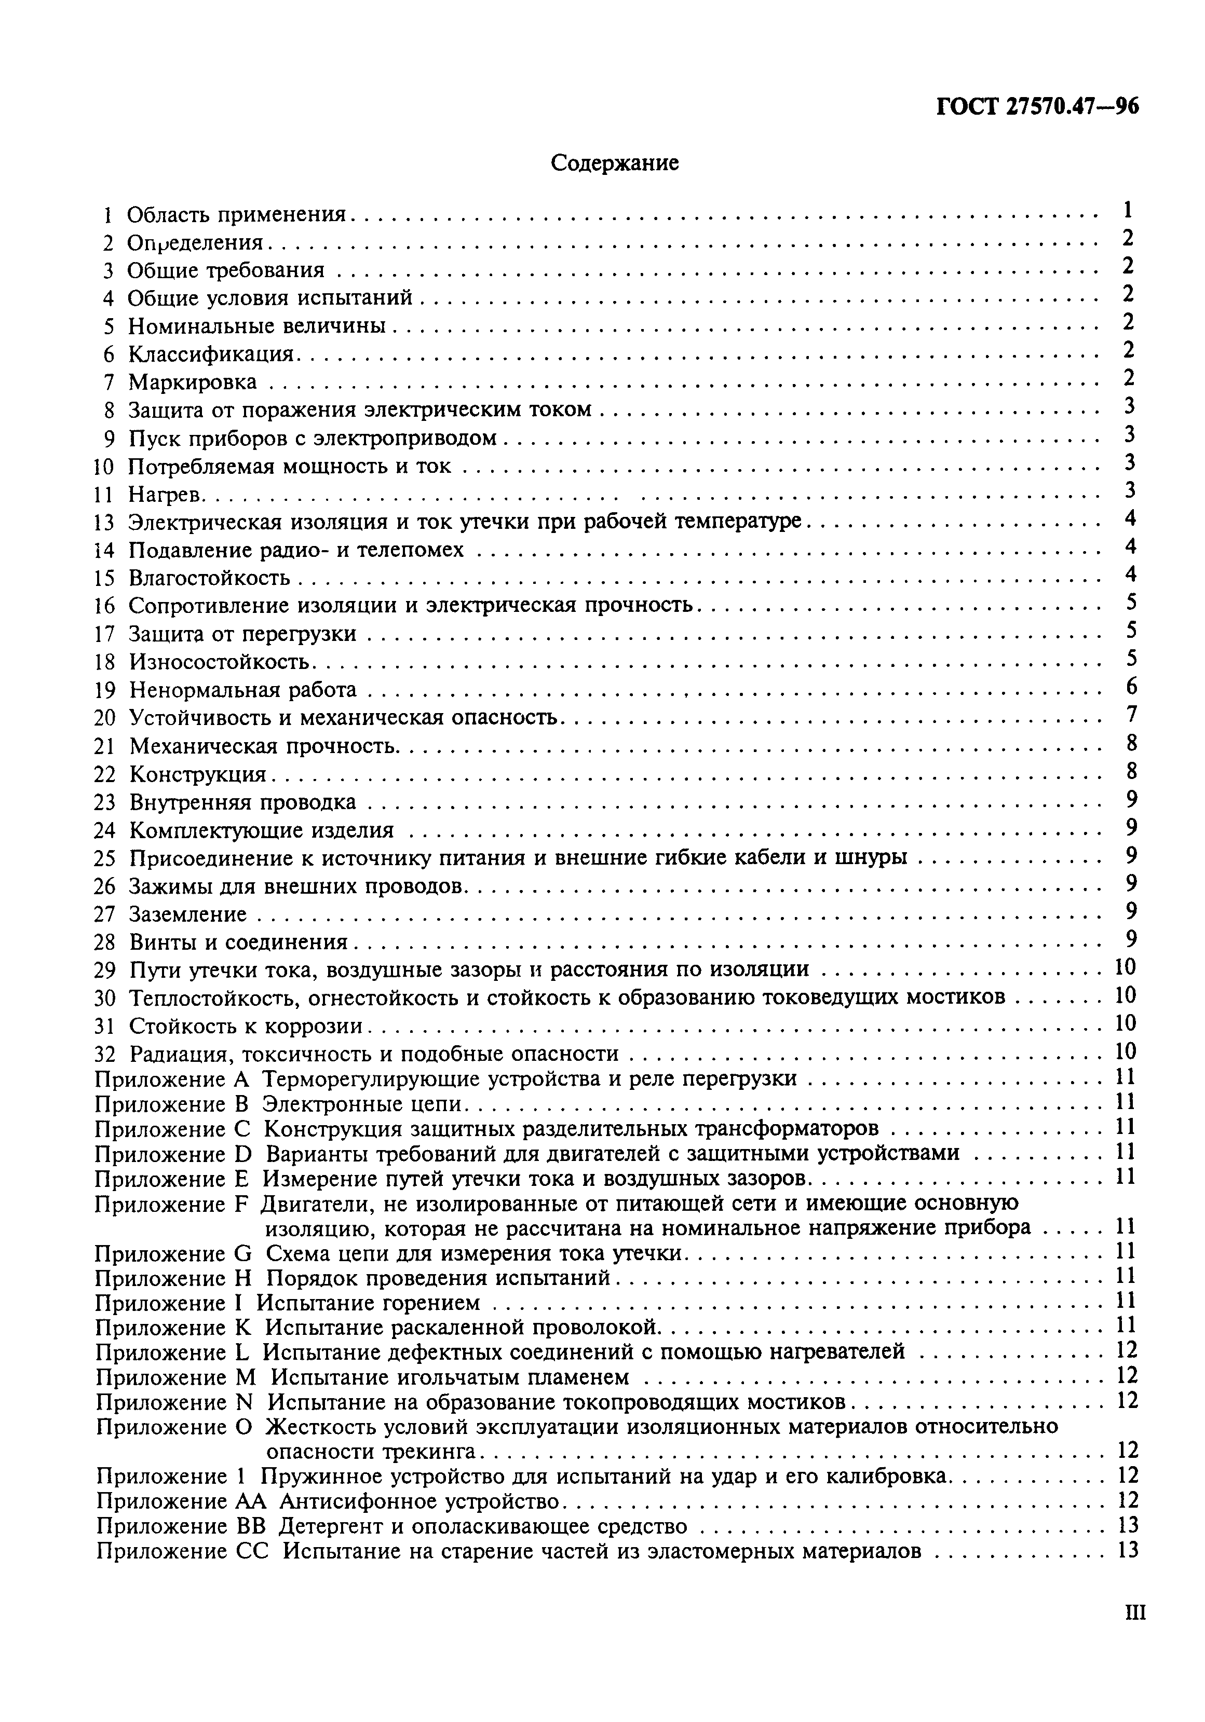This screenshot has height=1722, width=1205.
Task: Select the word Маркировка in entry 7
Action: point(192,382)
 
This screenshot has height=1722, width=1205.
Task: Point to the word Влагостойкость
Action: point(209,578)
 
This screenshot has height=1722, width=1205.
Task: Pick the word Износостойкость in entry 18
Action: point(219,662)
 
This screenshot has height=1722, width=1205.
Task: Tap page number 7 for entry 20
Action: point(1131,714)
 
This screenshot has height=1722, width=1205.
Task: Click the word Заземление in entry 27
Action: point(187,914)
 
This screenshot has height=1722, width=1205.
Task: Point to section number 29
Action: point(104,971)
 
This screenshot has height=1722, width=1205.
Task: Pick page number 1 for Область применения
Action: point(1128,211)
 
